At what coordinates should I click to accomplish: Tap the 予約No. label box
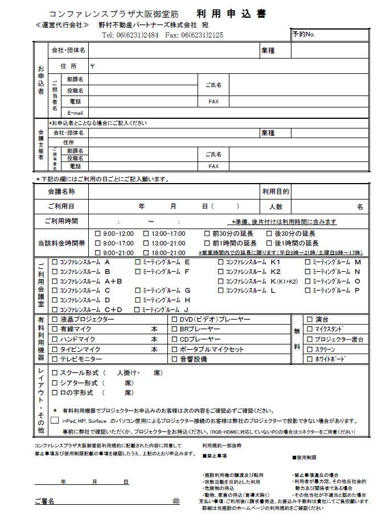[x=303, y=35]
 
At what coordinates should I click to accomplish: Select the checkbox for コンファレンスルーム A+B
[x=55, y=281]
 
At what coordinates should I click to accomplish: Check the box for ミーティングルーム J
[x=138, y=310]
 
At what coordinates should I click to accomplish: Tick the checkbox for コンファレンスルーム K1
[x=221, y=263]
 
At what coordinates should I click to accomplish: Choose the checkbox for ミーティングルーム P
[x=308, y=290]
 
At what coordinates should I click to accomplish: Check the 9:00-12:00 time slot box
[x=97, y=234]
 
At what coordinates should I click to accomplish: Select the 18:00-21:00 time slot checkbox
[x=146, y=252]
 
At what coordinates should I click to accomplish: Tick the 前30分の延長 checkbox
[x=207, y=234]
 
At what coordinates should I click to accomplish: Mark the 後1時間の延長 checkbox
[x=269, y=243]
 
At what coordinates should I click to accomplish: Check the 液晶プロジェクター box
[x=55, y=320]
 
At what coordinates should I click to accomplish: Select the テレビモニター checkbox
[x=55, y=359]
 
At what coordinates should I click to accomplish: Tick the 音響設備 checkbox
[x=175, y=359]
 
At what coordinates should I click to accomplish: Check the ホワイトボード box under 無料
[x=310, y=359]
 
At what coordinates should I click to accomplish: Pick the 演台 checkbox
[x=310, y=319]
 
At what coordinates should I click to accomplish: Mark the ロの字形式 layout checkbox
[x=55, y=393]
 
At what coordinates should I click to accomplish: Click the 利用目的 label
[x=276, y=192]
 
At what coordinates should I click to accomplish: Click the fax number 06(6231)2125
[x=202, y=35]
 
